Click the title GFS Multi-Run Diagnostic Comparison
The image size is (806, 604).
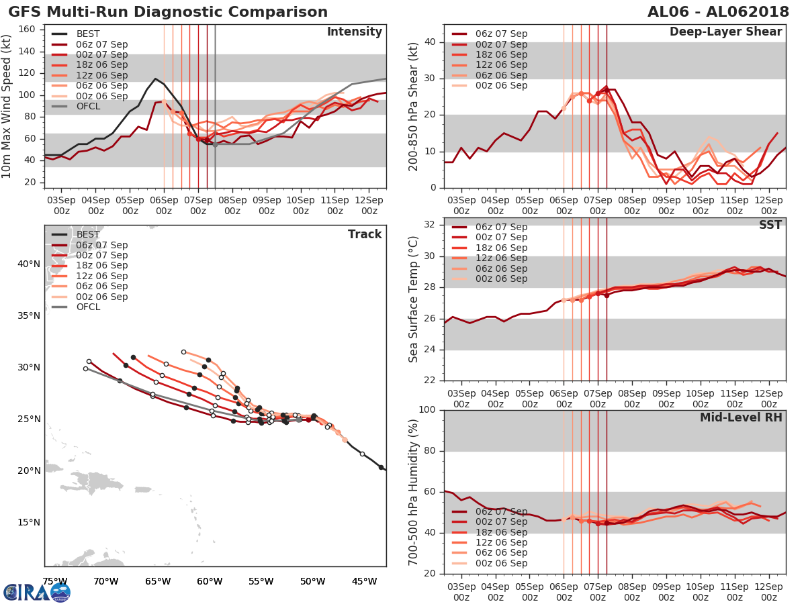click(168, 12)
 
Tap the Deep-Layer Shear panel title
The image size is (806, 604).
click(725, 32)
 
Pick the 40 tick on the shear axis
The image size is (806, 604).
click(432, 42)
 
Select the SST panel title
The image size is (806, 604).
click(770, 225)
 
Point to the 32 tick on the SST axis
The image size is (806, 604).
click(432, 224)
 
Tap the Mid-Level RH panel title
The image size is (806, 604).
click(741, 417)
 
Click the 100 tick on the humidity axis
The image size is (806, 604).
click(428, 410)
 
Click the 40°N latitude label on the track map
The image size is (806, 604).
click(29, 264)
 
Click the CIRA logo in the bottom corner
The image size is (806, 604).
click(37, 592)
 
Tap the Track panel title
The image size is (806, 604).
click(365, 234)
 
